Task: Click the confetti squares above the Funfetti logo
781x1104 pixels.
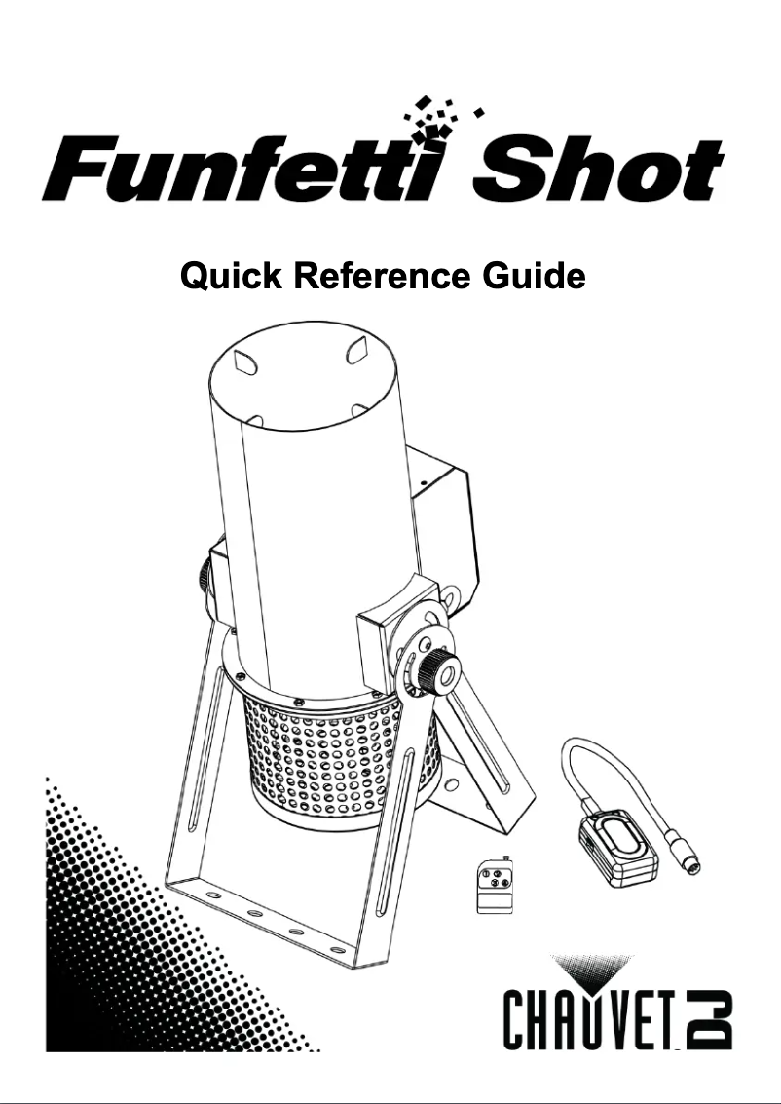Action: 438,119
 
